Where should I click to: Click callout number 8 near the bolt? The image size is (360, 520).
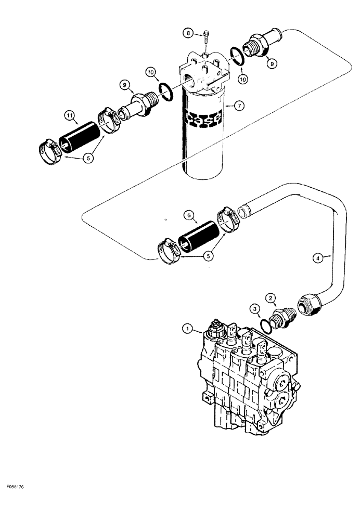(x=187, y=34)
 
